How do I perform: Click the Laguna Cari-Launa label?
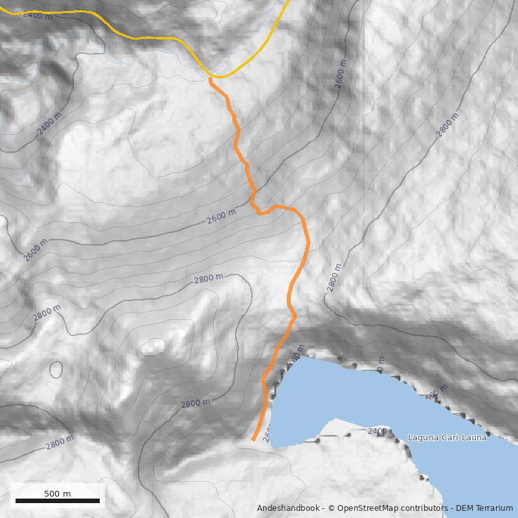447,438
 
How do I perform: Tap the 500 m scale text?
58,493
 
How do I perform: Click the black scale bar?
58,501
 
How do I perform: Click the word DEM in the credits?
465,508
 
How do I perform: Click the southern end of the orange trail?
253,440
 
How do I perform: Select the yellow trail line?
155,38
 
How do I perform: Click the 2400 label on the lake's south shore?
377,431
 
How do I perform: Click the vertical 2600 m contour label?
341,73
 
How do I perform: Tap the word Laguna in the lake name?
422,438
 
